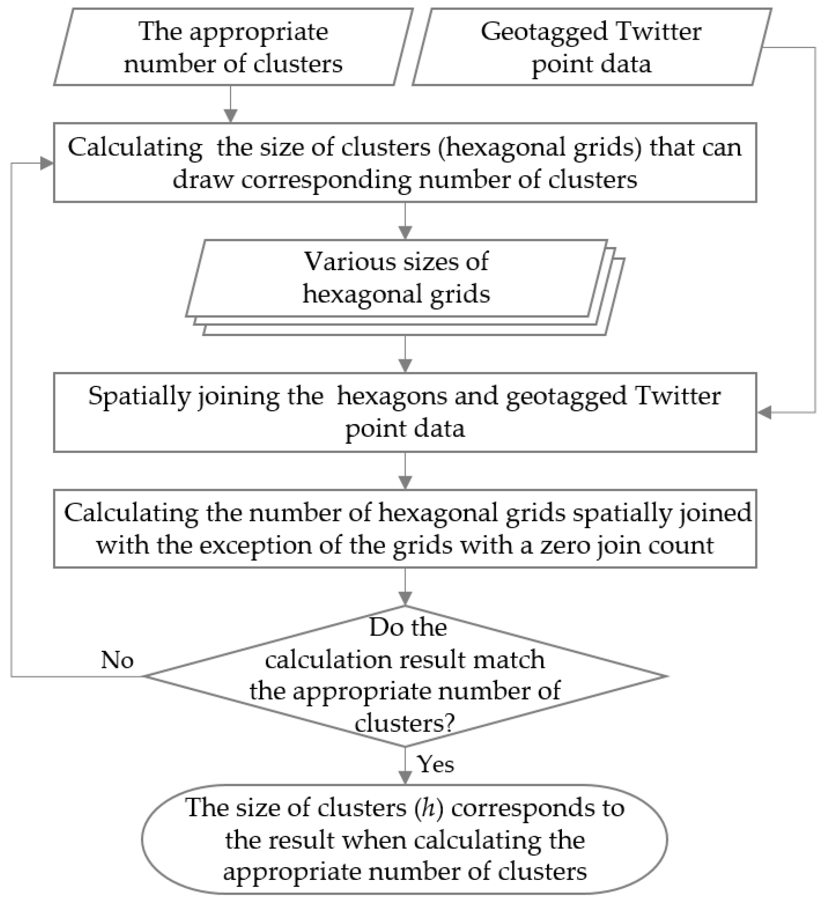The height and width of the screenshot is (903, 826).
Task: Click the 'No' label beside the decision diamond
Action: pyautogui.click(x=117, y=660)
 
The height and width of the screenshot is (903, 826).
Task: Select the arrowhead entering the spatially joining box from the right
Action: pyautogui.click(x=764, y=413)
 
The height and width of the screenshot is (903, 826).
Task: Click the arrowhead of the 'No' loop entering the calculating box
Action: pyautogui.click(x=47, y=163)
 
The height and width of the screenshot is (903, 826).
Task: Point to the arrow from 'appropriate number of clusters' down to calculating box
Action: pyautogui.click(x=230, y=104)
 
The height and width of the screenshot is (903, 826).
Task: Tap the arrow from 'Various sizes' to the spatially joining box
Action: pyautogui.click(x=405, y=354)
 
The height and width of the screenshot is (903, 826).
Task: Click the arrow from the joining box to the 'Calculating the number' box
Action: pyautogui.click(x=405, y=471)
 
